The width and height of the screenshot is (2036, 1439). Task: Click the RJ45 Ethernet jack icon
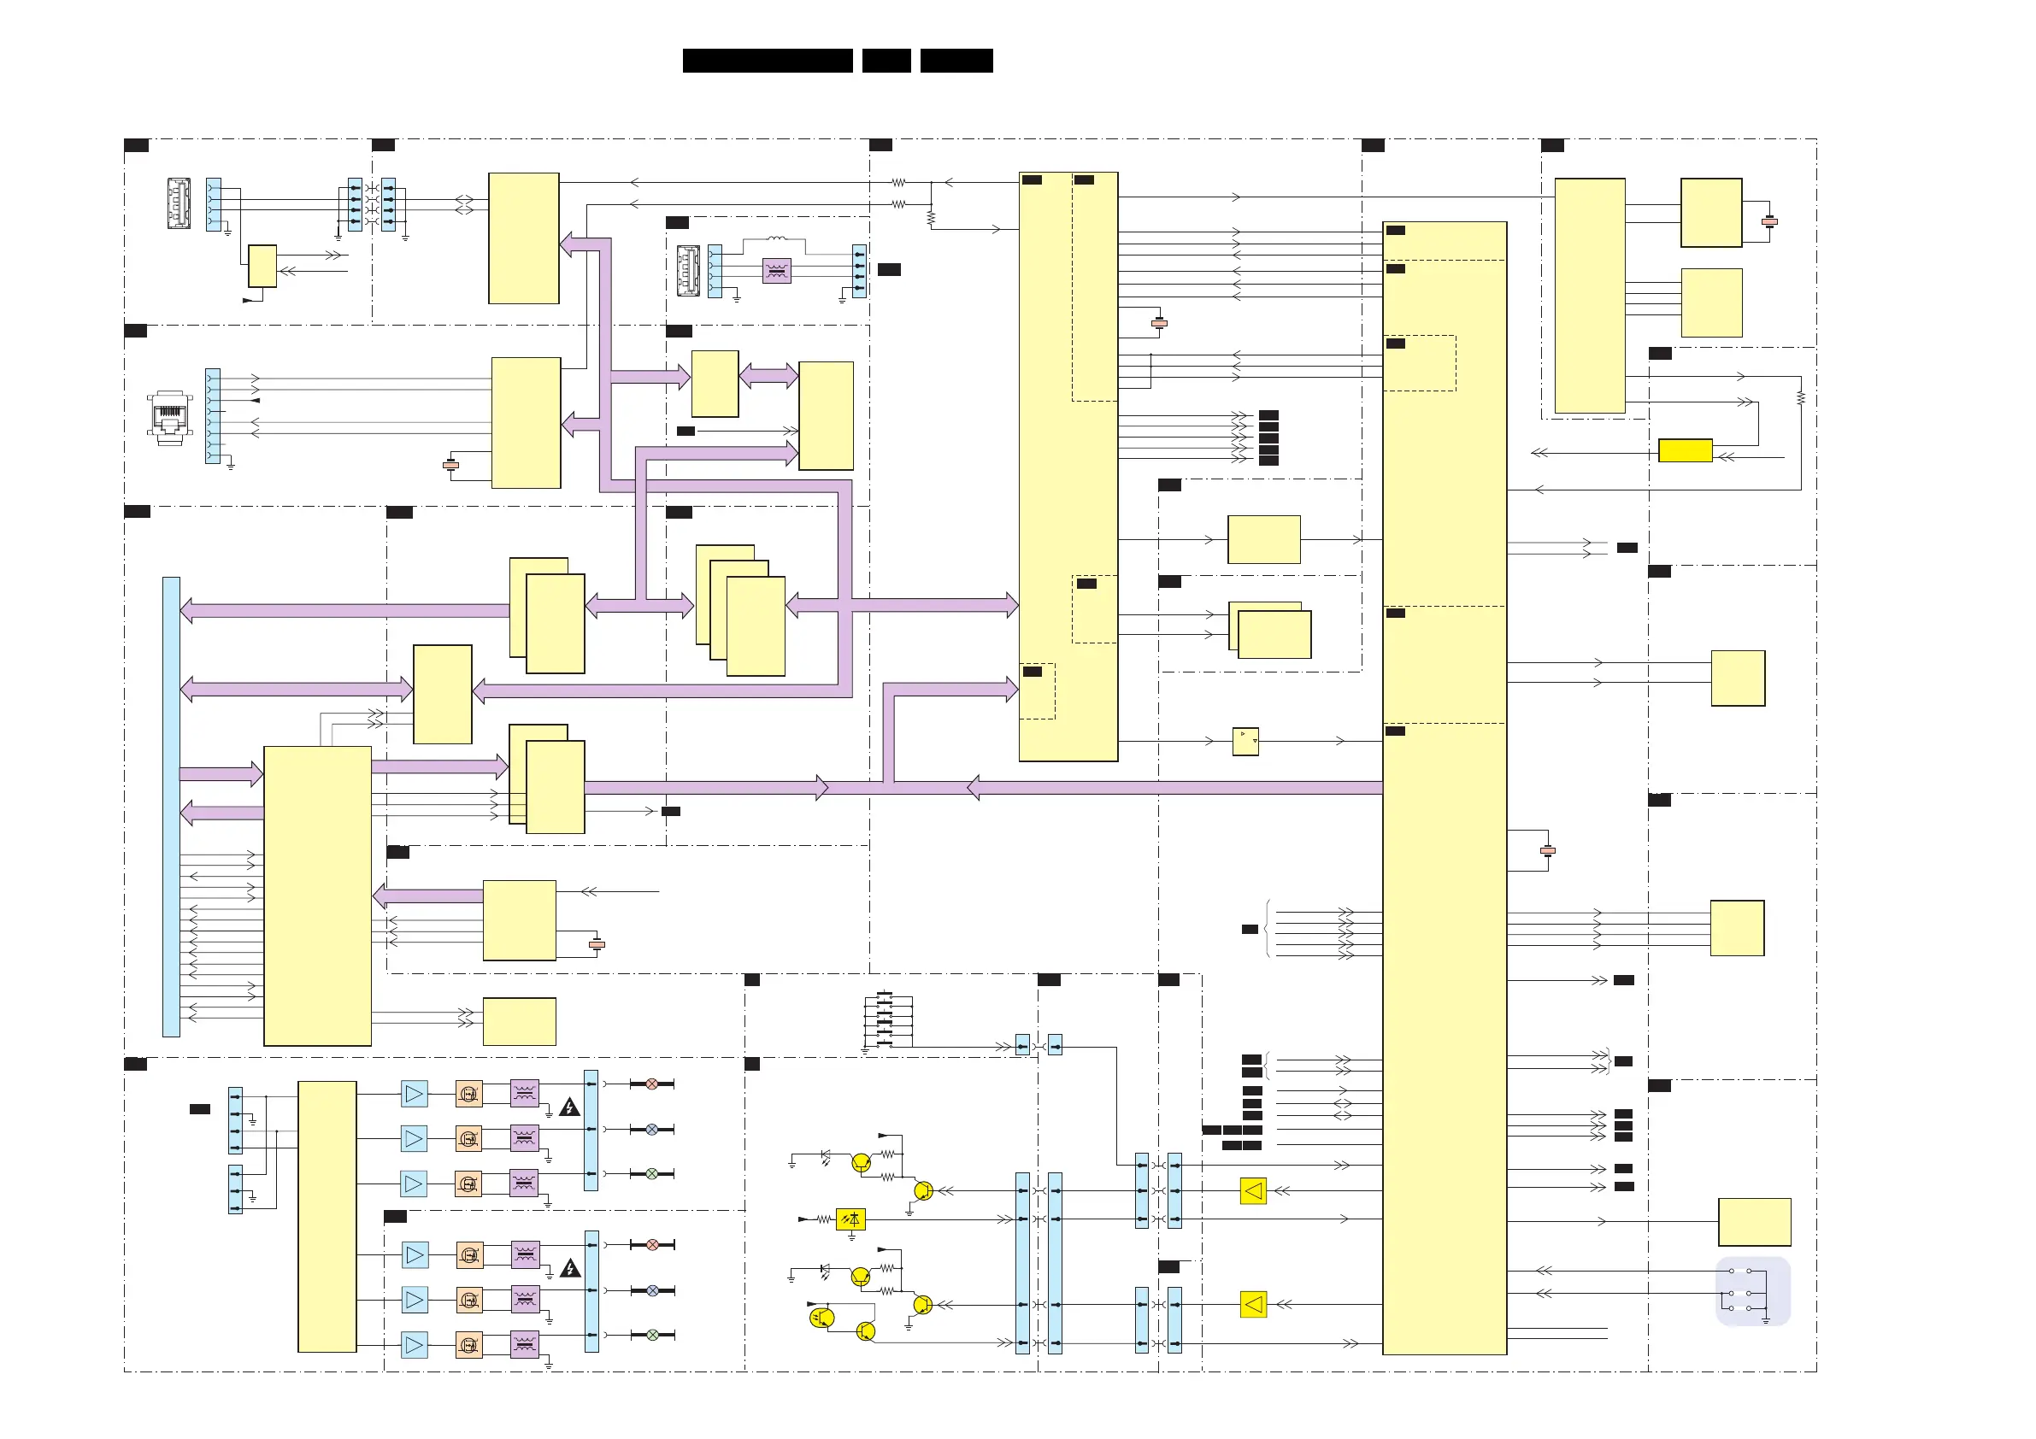click(x=169, y=417)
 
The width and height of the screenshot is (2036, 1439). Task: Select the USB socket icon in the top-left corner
click(x=179, y=203)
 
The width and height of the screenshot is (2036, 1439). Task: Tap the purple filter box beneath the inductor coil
click(x=777, y=270)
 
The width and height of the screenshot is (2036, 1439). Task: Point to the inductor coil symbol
click(x=776, y=238)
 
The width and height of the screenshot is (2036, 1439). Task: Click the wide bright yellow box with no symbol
click(x=1685, y=450)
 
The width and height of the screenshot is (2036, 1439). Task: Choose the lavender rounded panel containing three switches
click(x=1752, y=1291)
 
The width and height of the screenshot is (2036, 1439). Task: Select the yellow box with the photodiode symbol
click(x=850, y=1219)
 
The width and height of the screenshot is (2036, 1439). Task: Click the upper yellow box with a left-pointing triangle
click(x=1253, y=1190)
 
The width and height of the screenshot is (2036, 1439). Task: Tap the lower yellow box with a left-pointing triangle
click(x=1253, y=1304)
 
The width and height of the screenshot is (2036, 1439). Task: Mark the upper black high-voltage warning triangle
click(x=569, y=1107)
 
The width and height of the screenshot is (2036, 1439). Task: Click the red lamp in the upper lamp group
click(x=652, y=1084)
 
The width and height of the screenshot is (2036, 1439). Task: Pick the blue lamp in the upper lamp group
click(x=652, y=1129)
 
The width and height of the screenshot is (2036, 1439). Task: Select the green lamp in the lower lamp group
click(x=653, y=1335)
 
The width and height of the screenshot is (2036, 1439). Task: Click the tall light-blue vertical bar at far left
click(x=171, y=807)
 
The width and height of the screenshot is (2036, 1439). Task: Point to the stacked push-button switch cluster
click(x=886, y=1019)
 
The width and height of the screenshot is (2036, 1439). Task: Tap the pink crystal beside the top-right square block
click(x=1769, y=221)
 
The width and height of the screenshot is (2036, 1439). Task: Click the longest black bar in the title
click(x=767, y=61)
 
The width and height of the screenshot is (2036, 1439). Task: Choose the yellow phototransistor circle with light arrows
click(x=821, y=1319)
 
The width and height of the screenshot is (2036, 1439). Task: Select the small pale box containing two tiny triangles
click(x=1245, y=741)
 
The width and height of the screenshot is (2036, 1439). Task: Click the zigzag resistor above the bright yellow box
click(x=1801, y=398)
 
